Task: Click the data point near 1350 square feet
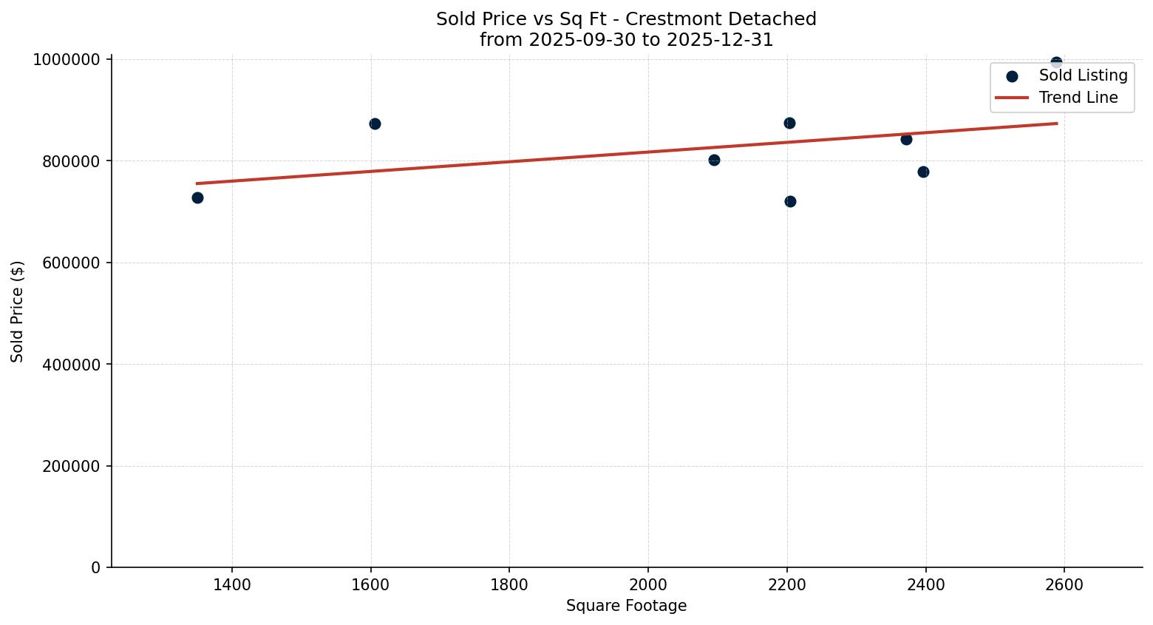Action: (x=197, y=197)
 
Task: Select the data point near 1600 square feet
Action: (x=375, y=124)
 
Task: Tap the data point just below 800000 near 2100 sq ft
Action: (x=714, y=160)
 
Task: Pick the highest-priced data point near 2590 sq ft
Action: (x=1056, y=62)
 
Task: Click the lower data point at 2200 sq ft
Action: (x=790, y=201)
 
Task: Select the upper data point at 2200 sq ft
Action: (x=789, y=123)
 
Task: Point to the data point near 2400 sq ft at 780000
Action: (x=923, y=172)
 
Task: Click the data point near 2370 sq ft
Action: (x=906, y=139)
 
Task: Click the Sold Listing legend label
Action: (x=1083, y=75)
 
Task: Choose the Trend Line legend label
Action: (x=1078, y=98)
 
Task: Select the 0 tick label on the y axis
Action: (x=95, y=567)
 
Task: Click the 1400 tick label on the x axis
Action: (x=232, y=584)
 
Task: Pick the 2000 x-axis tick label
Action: (x=648, y=584)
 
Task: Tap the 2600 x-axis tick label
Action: (x=1064, y=584)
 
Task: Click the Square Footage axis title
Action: (x=626, y=606)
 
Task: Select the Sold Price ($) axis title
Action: (x=17, y=311)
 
